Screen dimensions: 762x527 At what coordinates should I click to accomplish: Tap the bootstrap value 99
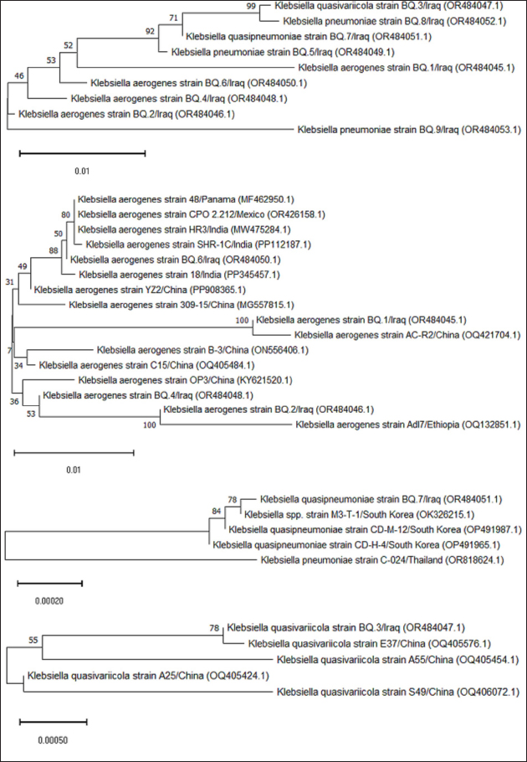point(252,6)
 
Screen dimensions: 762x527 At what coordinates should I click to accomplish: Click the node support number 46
point(19,77)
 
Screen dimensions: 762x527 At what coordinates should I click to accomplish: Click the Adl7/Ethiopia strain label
point(409,425)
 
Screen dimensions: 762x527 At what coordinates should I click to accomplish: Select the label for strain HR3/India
point(176,229)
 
